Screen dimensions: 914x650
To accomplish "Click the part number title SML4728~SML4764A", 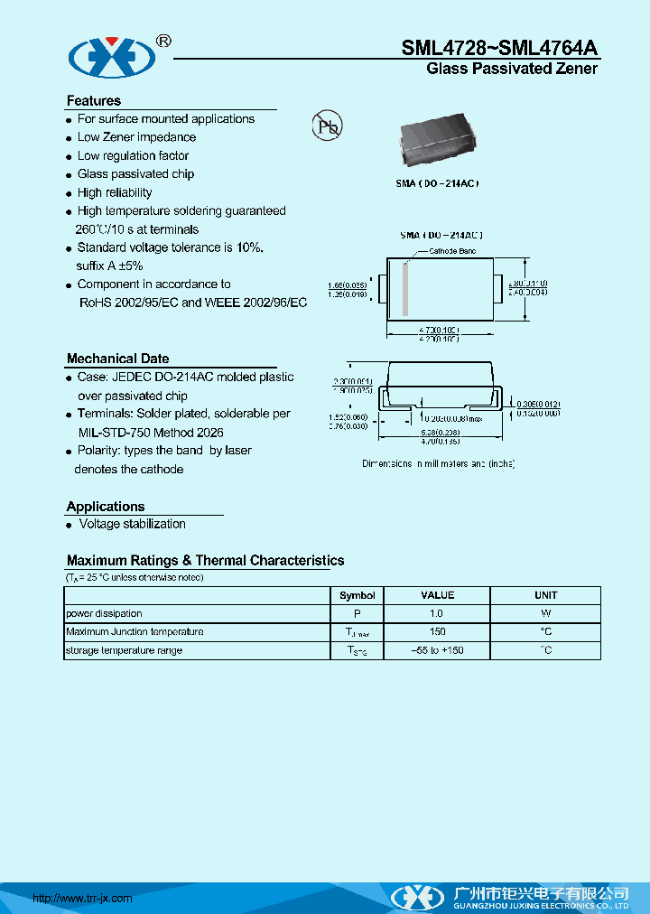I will coord(499,49).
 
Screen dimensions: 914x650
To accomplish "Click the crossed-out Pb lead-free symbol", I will coord(327,126).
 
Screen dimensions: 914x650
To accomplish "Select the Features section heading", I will coord(93,101).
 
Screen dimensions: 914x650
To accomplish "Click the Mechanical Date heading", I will coord(117,359).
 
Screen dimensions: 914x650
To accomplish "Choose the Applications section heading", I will coord(106,507).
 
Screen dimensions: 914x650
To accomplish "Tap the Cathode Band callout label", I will coord(451,251).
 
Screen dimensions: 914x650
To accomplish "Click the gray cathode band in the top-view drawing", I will coord(406,289).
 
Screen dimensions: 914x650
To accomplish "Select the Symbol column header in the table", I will coord(357,595).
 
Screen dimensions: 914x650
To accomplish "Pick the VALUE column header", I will coord(437,595).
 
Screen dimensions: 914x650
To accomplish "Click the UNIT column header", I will coord(545,595).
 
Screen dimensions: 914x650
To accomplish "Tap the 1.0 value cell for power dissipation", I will coord(437,614).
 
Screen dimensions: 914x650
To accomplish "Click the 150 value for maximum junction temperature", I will coord(437,632).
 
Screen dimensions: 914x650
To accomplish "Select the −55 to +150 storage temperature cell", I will coord(437,650).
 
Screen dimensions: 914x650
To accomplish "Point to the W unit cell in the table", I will coord(545,614).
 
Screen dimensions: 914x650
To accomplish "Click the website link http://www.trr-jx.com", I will coord(82,898).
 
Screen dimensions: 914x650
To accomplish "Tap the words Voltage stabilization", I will coord(132,524).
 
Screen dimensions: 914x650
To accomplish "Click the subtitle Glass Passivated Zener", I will coord(511,70).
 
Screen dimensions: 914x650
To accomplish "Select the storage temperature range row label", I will coord(124,650).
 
